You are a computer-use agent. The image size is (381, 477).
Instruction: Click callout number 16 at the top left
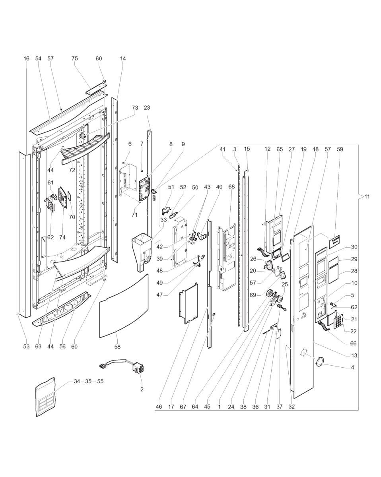26,59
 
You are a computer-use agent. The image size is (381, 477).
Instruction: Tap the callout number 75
74,59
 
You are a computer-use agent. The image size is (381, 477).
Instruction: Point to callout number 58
117,347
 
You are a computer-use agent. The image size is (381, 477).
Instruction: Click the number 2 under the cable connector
142,389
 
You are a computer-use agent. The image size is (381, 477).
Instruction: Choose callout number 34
77,381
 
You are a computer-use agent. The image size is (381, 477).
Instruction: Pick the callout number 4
352,368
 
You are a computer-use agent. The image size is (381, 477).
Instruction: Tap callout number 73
135,108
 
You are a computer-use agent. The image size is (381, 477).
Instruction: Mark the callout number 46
159,407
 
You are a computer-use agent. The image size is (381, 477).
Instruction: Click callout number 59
340,149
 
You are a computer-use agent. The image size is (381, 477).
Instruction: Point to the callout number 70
72,217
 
